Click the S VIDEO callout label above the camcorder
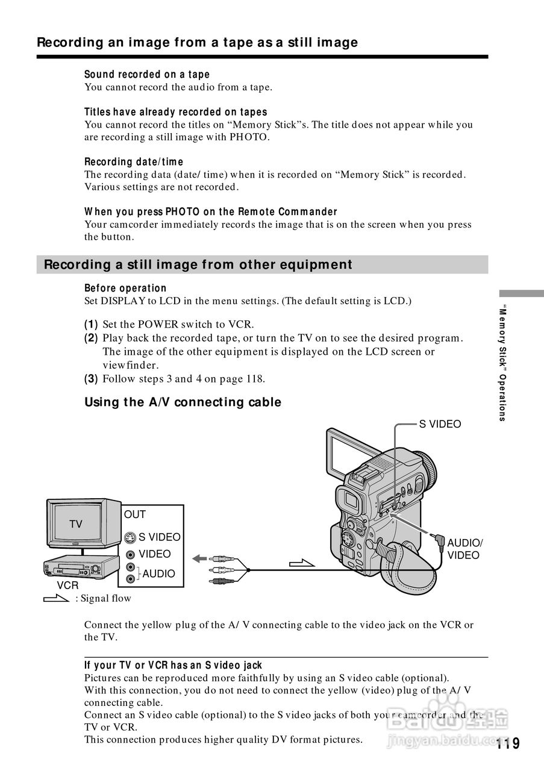(x=440, y=424)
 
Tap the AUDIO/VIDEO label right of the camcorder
(x=465, y=549)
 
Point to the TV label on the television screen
(x=75, y=524)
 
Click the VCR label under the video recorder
(x=67, y=585)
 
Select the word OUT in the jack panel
(x=135, y=514)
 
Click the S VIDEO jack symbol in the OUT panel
(x=130, y=538)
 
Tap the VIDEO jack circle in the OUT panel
(x=130, y=555)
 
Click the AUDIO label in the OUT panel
(x=158, y=573)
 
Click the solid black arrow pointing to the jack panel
(x=199, y=559)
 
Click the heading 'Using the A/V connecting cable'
(x=183, y=402)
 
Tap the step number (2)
(x=91, y=338)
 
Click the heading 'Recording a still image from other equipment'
(x=198, y=264)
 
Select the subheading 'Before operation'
(x=125, y=288)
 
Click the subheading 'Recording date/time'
(x=134, y=161)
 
